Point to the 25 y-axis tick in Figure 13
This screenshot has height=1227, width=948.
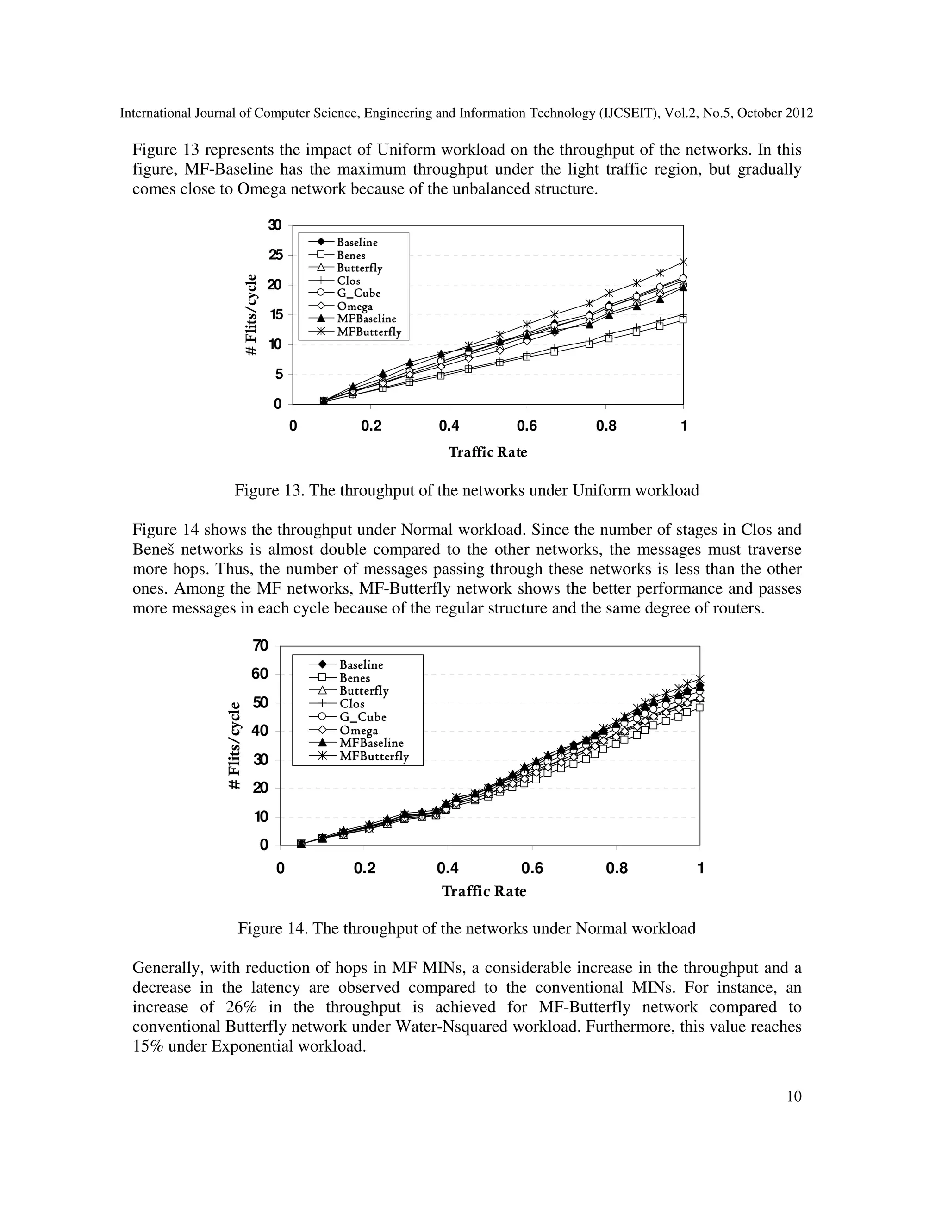click(275, 256)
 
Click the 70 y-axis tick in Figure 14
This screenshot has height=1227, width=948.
click(261, 645)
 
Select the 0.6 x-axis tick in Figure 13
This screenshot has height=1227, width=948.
click(527, 426)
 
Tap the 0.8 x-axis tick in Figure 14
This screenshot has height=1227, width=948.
click(617, 869)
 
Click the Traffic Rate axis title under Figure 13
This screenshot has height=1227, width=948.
click(487, 452)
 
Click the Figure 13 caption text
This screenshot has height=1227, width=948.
click(467, 491)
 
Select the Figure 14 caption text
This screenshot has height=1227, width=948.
click(467, 929)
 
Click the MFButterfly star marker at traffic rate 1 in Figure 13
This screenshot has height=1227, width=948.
click(683, 262)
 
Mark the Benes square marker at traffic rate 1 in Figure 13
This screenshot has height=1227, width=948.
click(683, 319)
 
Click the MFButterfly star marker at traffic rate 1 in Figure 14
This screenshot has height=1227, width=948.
click(700, 679)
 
